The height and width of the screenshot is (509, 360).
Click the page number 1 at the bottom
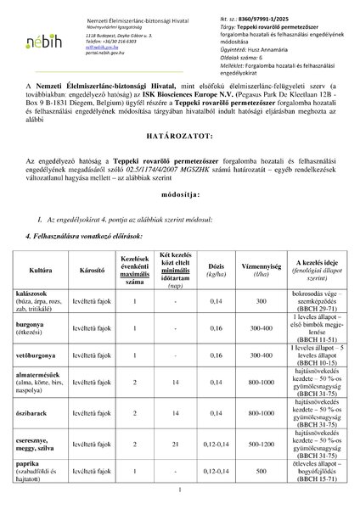[180, 490]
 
